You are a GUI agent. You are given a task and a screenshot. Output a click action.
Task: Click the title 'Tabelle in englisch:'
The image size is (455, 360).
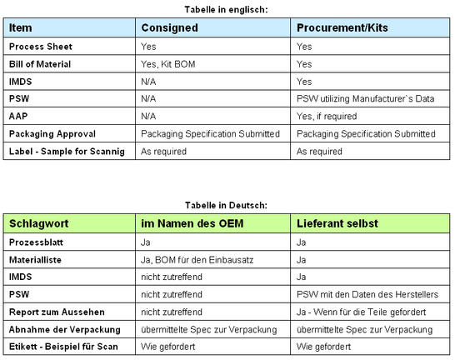227,9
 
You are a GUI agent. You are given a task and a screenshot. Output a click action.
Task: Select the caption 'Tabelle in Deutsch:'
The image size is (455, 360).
227,204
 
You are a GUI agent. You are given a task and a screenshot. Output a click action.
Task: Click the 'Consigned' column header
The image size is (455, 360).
169,28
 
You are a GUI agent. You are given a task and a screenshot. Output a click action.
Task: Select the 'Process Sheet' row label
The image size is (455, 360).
39,47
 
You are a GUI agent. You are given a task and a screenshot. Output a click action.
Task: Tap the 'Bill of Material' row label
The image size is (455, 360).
40,64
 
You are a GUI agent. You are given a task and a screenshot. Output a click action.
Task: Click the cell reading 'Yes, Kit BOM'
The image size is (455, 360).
170,64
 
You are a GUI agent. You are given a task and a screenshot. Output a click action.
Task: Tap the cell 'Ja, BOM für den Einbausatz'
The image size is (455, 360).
196,259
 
